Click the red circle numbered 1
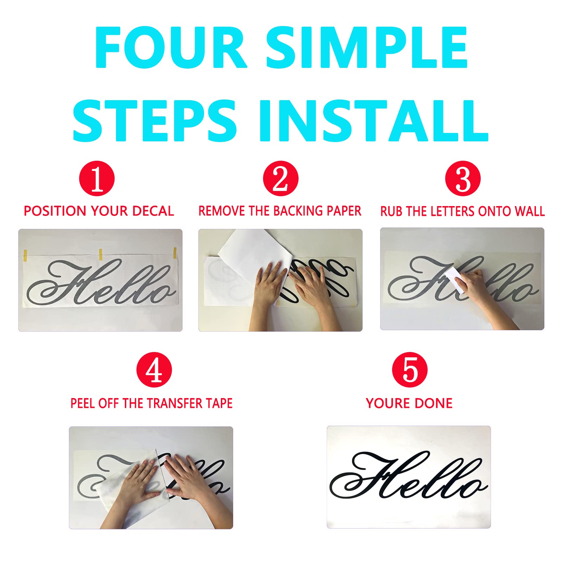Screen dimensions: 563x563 [x=97, y=179]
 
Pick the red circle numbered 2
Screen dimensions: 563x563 [x=280, y=179]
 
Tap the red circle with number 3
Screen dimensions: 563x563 [x=463, y=179]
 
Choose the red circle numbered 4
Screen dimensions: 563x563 [x=154, y=370]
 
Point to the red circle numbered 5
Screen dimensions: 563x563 [x=410, y=370]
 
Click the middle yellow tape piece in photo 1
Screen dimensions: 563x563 [x=101, y=254]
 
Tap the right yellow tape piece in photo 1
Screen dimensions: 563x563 [x=174, y=252]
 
